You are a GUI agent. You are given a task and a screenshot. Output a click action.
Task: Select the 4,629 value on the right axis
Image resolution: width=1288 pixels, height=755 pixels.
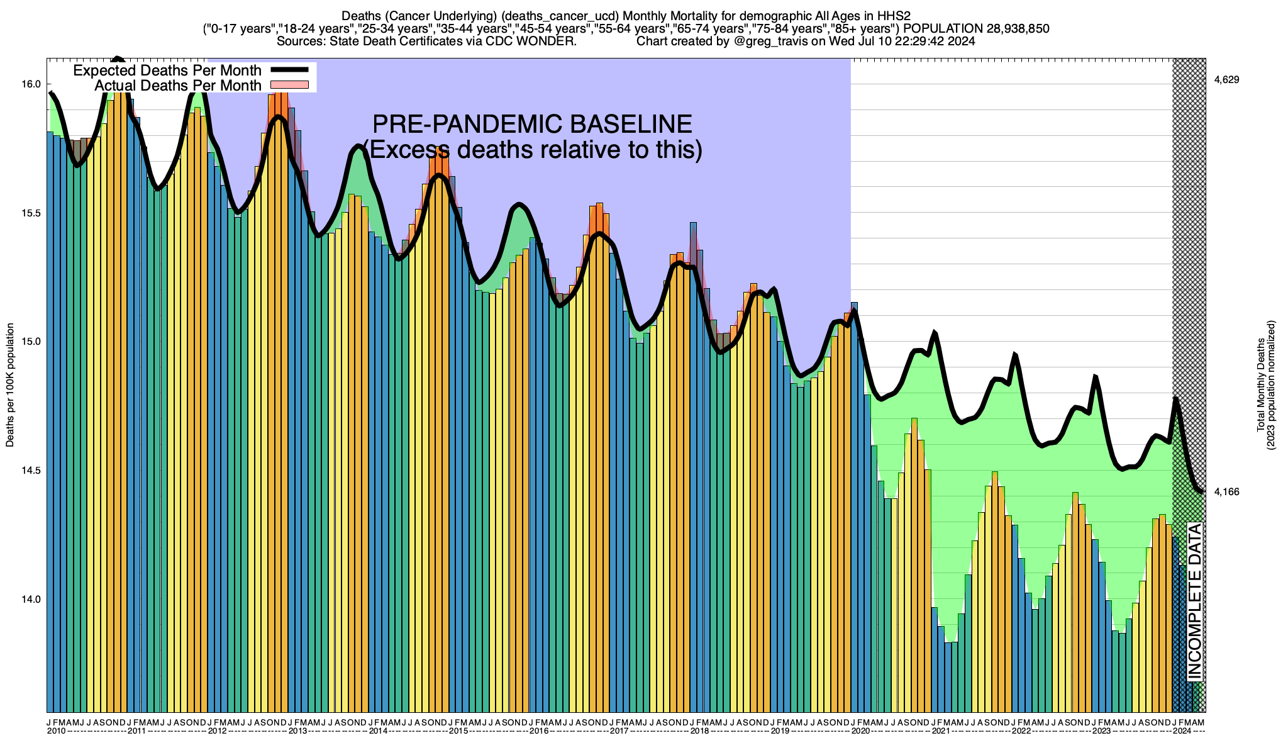[1226, 80]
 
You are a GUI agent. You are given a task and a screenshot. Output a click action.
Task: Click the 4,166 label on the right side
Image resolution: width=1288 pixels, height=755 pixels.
[1226, 491]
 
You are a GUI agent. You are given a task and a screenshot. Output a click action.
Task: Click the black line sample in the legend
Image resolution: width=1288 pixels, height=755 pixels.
[289, 70]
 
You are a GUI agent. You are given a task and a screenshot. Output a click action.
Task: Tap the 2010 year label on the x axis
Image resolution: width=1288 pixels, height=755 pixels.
[57, 731]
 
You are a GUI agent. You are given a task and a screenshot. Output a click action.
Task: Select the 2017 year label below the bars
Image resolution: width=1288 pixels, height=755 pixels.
[619, 731]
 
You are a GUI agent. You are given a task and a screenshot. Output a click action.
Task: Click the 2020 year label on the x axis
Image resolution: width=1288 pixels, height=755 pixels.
[860, 731]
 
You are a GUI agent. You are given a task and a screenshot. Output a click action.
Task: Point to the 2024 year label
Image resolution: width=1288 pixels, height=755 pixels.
[1182, 731]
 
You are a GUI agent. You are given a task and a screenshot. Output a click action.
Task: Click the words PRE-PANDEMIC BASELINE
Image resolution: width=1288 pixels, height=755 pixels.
[532, 124]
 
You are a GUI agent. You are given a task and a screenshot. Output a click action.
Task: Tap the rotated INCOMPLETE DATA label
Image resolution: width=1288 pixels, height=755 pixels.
[1195, 601]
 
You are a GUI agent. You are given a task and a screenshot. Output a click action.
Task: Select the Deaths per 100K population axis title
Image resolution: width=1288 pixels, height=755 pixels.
[10, 385]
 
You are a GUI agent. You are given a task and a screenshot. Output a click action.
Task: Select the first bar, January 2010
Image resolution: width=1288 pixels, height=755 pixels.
[50, 422]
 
